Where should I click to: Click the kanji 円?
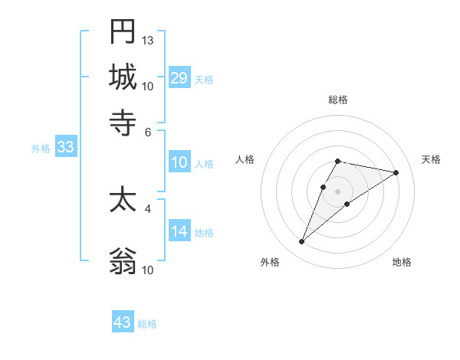[123, 32]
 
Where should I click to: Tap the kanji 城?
[123, 77]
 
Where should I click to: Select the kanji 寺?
[123, 122]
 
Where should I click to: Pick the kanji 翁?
[123, 261]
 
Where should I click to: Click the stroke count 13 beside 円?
[148, 40]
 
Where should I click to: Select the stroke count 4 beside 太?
[148, 208]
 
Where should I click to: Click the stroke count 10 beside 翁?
[148, 270]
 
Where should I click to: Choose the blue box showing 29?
[179, 78]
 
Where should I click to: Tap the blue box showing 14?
[179, 231]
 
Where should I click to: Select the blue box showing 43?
[123, 322]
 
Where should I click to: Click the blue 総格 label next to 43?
[147, 324]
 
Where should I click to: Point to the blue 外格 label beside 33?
[41, 149]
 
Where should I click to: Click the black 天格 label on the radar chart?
[431, 159]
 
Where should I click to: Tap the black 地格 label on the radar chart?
[402, 262]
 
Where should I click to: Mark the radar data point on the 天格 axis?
[396, 172]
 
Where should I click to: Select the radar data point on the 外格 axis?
[302, 241]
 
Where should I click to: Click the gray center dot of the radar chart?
[337, 191]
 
